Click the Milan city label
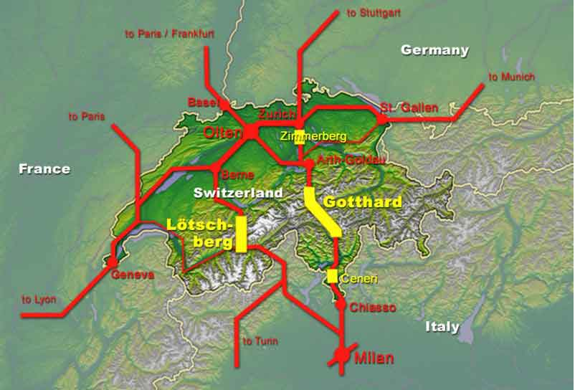point(374,358)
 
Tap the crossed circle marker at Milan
point(343,355)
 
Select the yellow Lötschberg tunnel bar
point(241,233)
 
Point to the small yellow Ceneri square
point(333,275)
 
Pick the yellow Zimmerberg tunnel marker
point(300,138)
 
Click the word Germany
point(434,50)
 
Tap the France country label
point(44,169)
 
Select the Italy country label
point(442,327)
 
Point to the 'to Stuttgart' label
point(373,14)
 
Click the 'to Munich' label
point(512,77)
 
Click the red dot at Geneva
point(113,263)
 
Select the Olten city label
point(223,132)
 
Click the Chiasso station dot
point(341,305)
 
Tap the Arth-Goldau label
point(350,161)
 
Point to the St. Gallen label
point(409,108)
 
